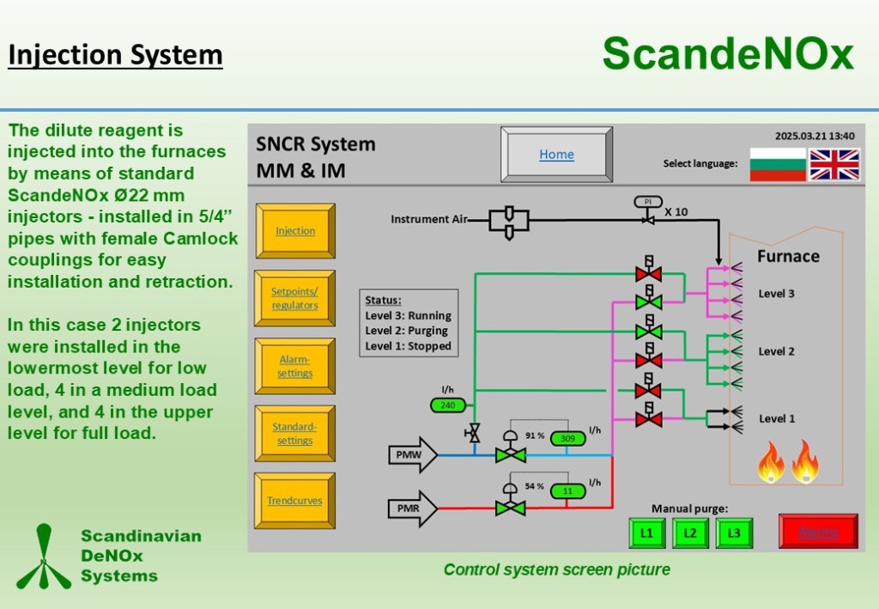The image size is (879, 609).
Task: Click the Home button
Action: tap(556, 155)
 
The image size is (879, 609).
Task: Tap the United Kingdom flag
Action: tap(834, 164)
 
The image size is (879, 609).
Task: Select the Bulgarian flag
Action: tap(778, 164)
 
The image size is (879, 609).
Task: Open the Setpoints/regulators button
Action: tap(294, 298)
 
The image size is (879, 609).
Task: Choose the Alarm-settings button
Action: tap(294, 366)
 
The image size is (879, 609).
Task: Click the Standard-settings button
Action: tap(294, 434)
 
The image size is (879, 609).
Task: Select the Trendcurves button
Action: tap(294, 501)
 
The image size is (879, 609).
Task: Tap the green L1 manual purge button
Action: tap(646, 533)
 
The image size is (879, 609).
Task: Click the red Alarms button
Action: tap(818, 532)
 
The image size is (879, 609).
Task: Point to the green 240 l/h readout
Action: tap(448, 405)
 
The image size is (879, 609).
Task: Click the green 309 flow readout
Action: tap(567, 438)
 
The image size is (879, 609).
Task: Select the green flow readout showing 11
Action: tap(567, 491)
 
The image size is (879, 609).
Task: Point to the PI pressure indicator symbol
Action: tap(648, 202)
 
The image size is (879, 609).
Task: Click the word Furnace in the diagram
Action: tap(787, 256)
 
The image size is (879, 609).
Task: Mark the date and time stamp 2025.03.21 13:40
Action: tap(815, 136)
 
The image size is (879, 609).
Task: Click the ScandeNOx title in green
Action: tap(728, 53)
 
